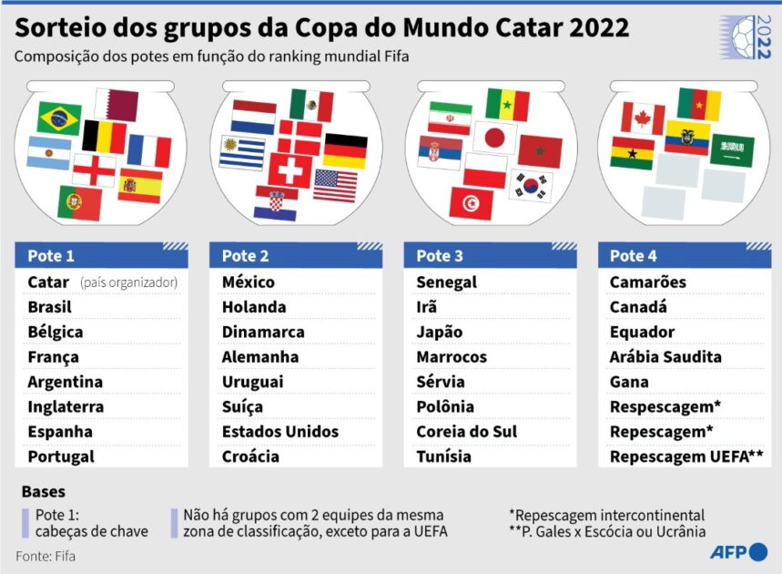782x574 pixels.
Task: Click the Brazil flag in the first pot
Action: pyautogui.click(x=59, y=118)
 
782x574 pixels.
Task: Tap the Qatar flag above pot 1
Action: pyautogui.click(x=117, y=105)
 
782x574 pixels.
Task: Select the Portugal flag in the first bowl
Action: pyautogui.click(x=79, y=202)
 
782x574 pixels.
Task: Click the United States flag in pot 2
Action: pyautogui.click(x=336, y=185)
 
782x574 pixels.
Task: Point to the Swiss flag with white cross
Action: pyautogui.click(x=290, y=170)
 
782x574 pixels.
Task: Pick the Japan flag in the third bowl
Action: pyautogui.click(x=494, y=138)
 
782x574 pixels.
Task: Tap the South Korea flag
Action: pyautogui.click(x=531, y=186)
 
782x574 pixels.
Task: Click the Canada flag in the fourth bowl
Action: pyautogui.click(x=643, y=118)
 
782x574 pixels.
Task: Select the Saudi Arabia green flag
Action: pyautogui.click(x=732, y=149)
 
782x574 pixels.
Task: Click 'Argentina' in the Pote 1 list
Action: pyautogui.click(x=66, y=382)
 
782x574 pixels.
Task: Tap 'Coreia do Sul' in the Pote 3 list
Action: pyautogui.click(x=466, y=432)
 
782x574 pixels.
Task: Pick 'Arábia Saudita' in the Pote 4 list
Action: pyautogui.click(x=665, y=357)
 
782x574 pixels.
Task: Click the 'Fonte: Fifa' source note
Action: pyautogui.click(x=46, y=554)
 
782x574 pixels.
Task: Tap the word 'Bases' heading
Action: pyautogui.click(x=43, y=492)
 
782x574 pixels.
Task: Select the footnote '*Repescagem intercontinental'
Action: pyautogui.click(x=606, y=516)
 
